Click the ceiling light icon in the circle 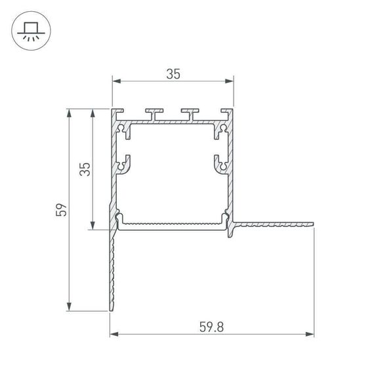[x=30, y=30]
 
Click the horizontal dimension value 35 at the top [x=173, y=74]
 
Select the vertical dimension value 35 [x=85, y=169]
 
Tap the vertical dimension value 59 [x=61, y=210]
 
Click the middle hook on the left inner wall [x=123, y=163]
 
